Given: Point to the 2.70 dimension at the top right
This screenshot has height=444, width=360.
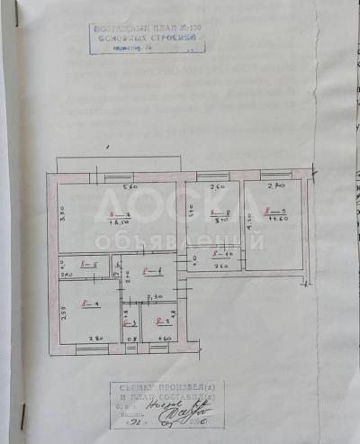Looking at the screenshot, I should pos(275,186).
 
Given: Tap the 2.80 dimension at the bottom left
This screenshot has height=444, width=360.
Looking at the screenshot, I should pos(94,338).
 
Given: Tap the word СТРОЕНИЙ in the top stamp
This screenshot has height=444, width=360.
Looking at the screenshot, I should pos(175,40).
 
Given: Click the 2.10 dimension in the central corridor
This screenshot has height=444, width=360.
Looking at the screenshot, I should pos(154,295).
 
